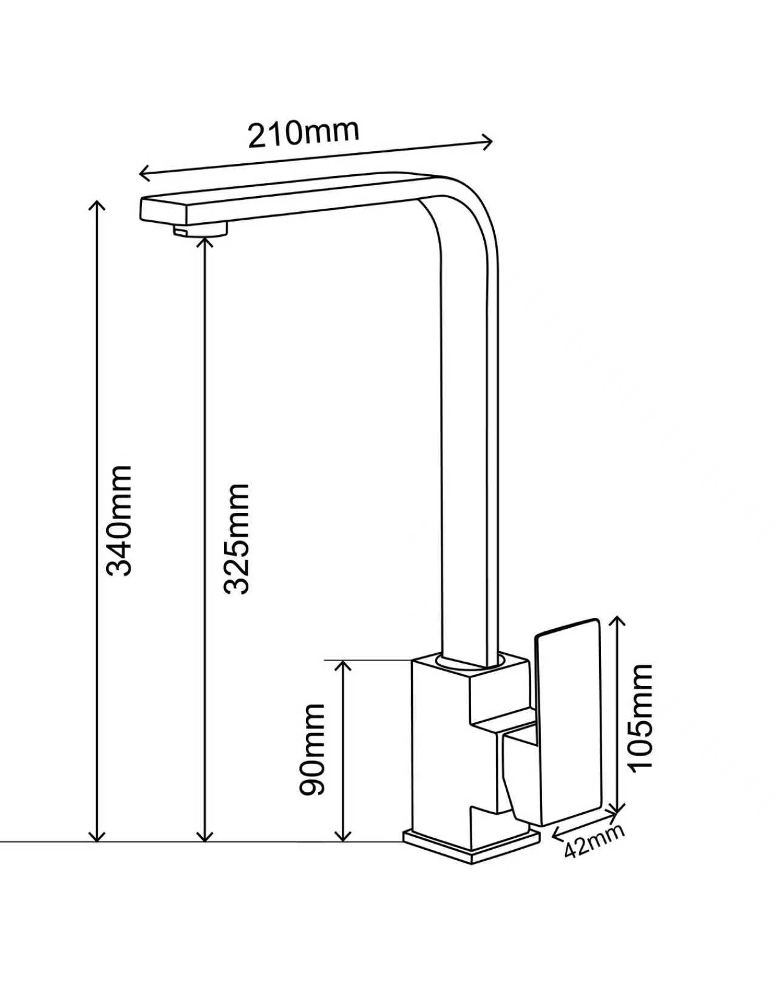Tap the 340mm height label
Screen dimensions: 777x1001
coord(120,521)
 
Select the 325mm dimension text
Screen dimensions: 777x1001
coord(236,539)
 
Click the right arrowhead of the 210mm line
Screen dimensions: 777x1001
coord(487,141)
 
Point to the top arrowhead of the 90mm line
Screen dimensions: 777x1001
coord(342,665)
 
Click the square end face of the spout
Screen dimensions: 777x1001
coord(163,209)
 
